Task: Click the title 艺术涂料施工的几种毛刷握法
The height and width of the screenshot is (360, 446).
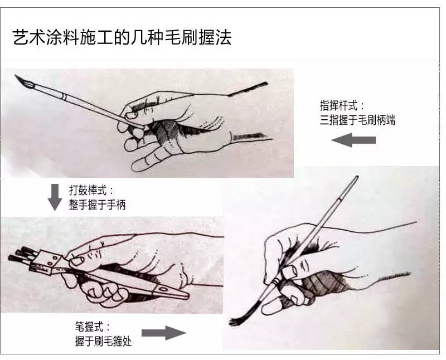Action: [x=122, y=37]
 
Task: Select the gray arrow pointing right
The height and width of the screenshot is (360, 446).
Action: [x=163, y=333]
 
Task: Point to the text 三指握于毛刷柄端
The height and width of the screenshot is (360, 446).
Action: [x=357, y=119]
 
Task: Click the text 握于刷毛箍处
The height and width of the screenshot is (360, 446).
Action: [x=103, y=341]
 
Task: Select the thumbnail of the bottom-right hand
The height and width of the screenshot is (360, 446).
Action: [x=289, y=272]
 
